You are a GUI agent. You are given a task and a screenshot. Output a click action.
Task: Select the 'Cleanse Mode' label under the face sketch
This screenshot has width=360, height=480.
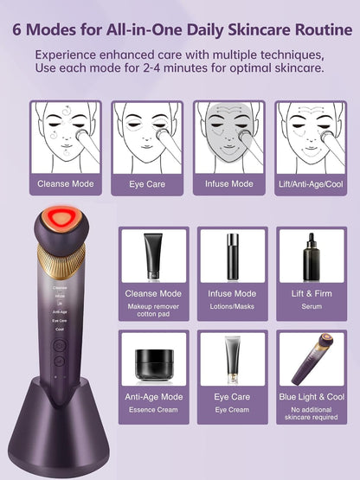pos(66,184)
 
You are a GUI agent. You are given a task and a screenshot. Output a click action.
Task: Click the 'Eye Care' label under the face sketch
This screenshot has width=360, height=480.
pos(148,184)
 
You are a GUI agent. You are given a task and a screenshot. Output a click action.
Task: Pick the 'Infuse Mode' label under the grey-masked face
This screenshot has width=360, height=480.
pos(229,184)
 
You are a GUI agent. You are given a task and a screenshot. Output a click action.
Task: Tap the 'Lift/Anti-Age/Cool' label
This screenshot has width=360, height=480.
pos(311,184)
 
